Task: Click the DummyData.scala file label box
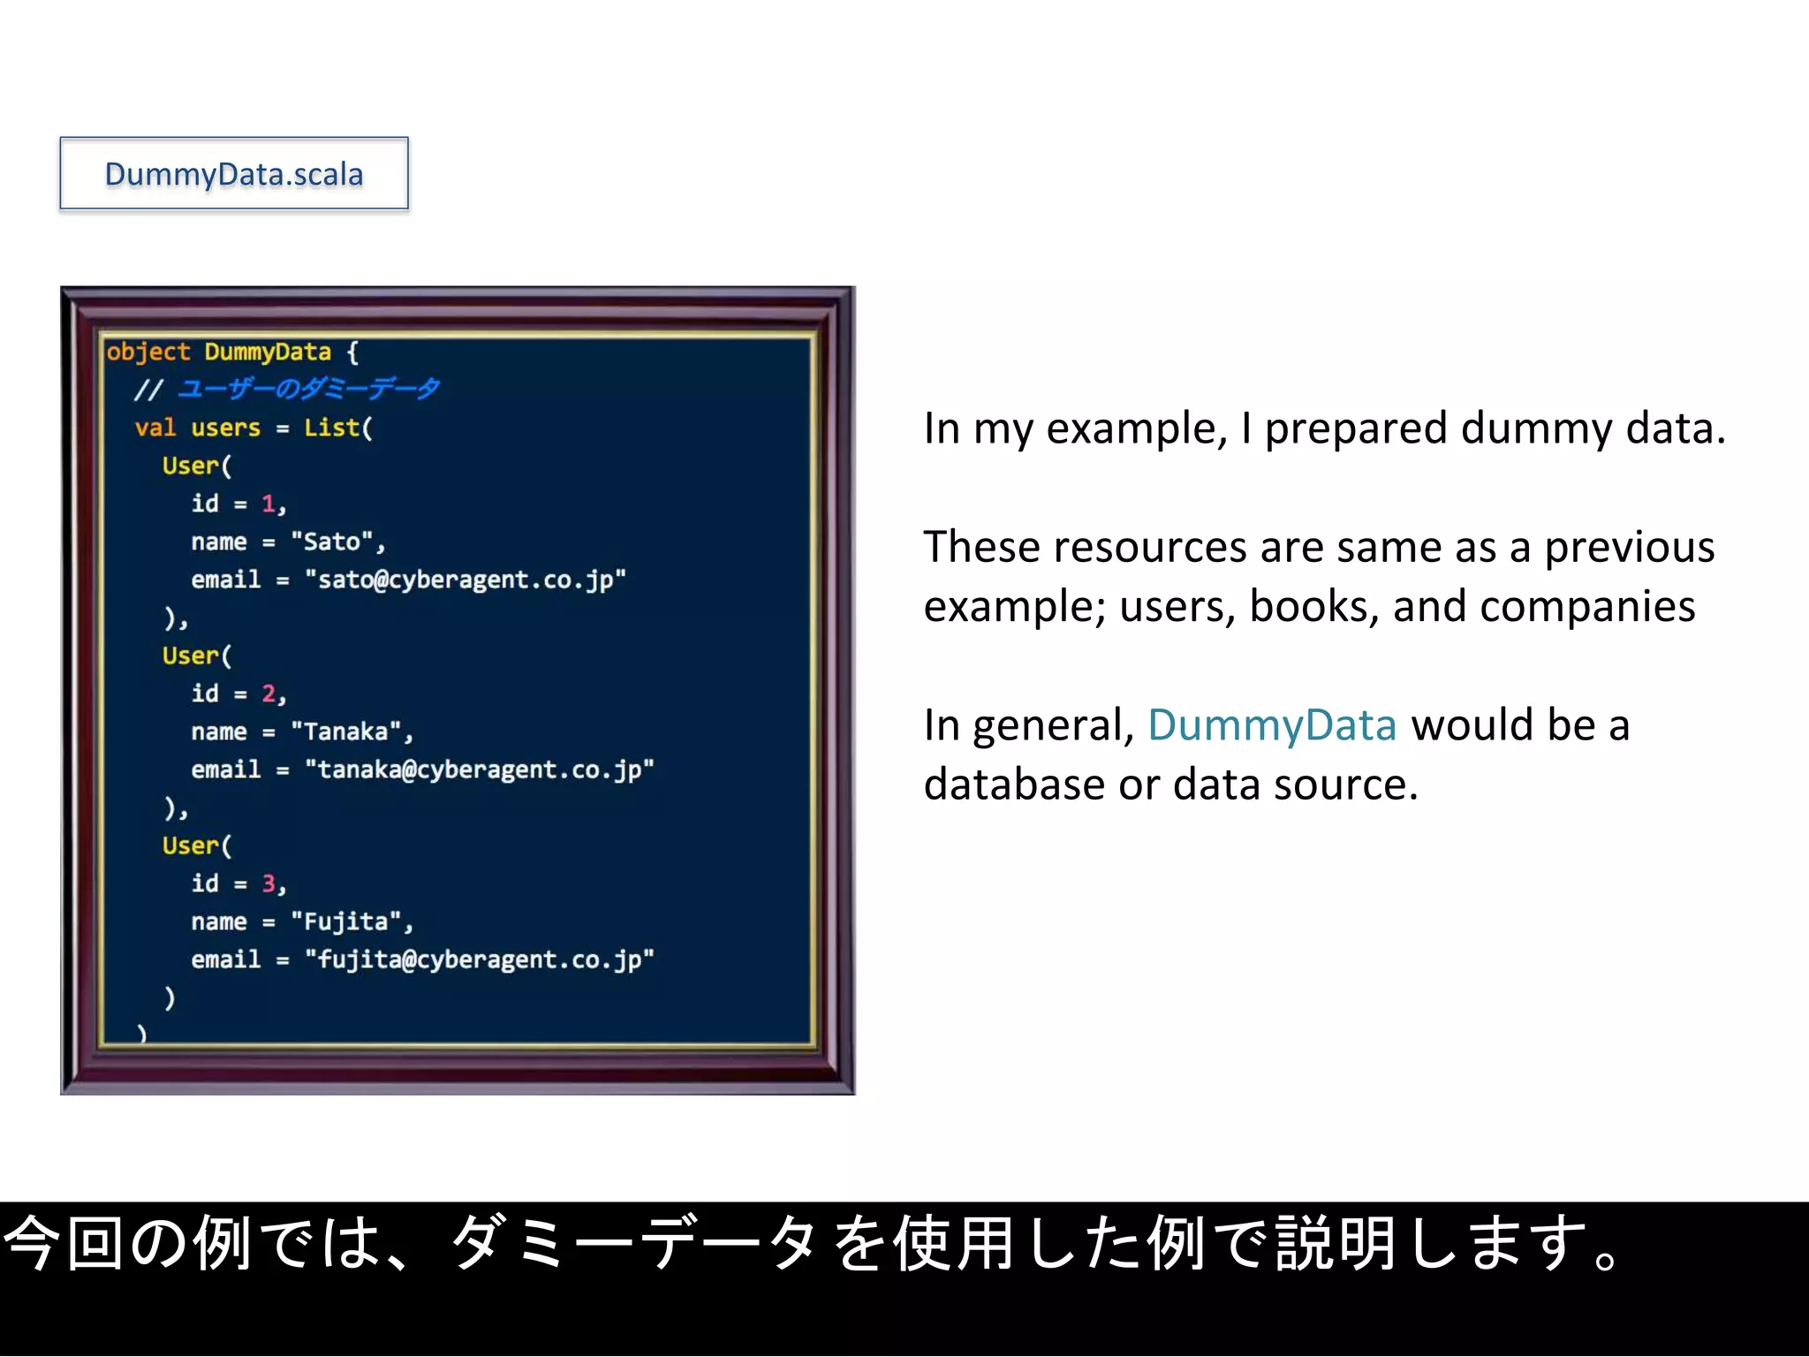click(x=234, y=174)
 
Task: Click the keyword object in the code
click(x=148, y=352)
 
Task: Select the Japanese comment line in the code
click(x=287, y=389)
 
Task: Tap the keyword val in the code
click(x=155, y=428)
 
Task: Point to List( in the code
click(x=338, y=428)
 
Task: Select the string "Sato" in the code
click(x=332, y=542)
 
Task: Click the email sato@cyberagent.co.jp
click(x=465, y=580)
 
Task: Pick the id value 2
click(x=269, y=694)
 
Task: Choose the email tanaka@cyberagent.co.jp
click(x=479, y=769)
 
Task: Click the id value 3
click(x=269, y=883)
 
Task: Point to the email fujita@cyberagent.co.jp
click(x=479, y=959)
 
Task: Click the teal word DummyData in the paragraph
click(x=1272, y=725)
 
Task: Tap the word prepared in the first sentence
click(x=1355, y=430)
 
